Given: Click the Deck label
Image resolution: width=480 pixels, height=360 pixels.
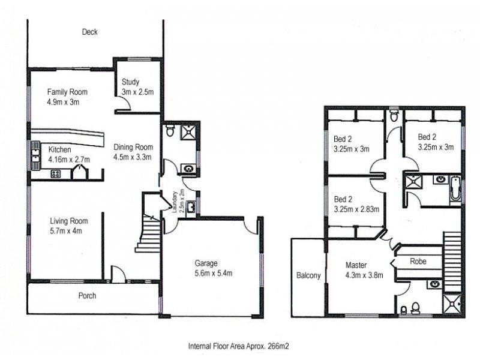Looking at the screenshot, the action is (x=89, y=32).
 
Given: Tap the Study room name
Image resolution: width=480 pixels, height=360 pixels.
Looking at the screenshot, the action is (x=130, y=82).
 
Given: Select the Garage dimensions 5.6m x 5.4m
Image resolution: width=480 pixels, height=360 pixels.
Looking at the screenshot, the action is (x=214, y=273).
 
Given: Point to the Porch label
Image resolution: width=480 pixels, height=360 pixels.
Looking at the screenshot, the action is (x=87, y=296).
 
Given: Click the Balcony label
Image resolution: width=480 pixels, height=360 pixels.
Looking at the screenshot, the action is (x=308, y=275).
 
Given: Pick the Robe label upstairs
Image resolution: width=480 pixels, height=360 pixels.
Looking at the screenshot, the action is (x=418, y=262).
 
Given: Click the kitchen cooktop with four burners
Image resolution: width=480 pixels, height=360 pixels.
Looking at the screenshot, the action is (x=55, y=174).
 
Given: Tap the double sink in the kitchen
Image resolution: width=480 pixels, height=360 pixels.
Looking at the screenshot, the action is (x=35, y=155).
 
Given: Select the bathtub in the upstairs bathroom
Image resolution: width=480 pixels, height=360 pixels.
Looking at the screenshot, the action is (x=456, y=188).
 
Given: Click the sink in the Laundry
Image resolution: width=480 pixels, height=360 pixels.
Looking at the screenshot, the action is (x=191, y=206).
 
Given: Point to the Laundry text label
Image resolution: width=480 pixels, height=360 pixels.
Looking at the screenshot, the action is (x=175, y=202).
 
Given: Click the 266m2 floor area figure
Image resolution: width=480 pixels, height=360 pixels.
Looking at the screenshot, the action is (x=278, y=346).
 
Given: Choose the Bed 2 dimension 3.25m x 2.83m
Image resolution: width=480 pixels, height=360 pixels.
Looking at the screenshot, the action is (x=356, y=209).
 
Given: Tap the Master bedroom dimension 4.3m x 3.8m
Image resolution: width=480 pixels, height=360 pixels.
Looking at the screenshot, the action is (x=364, y=275).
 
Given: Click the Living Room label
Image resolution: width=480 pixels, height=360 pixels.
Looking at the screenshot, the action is (x=69, y=221).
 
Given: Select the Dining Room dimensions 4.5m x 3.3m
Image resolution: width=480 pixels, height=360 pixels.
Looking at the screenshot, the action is (x=132, y=157).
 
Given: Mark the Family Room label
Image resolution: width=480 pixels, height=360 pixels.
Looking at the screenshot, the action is (x=67, y=92).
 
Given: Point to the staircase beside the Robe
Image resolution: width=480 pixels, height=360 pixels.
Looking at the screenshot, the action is (x=452, y=262).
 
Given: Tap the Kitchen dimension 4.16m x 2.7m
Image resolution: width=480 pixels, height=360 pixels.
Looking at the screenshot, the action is (x=69, y=160).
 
